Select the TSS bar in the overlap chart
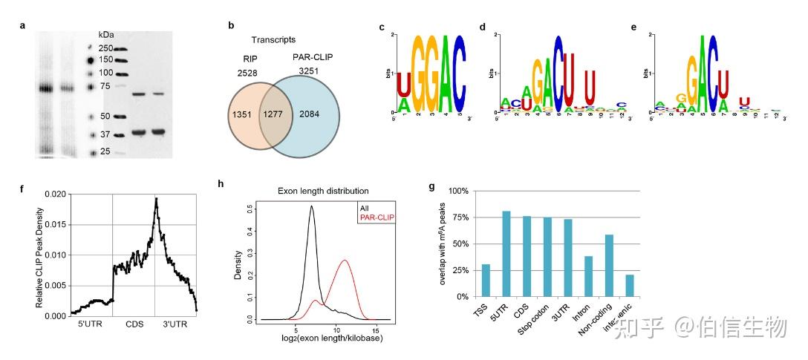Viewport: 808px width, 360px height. tap(486, 280)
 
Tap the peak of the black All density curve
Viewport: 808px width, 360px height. tap(312, 208)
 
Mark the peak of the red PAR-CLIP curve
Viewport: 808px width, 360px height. tap(345, 261)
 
